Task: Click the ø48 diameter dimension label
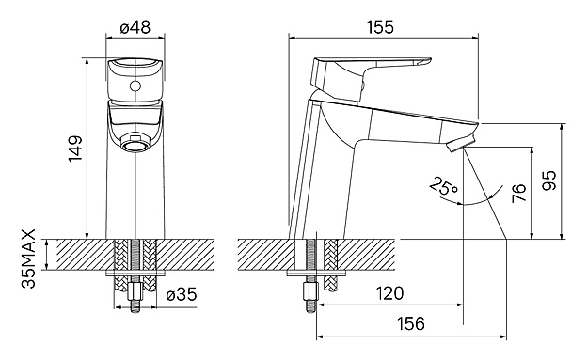135,27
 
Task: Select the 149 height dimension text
75,149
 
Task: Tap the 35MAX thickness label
28,258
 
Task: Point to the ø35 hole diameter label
182,294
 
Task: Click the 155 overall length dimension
380,27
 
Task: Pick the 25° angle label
444,185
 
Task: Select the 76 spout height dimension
519,193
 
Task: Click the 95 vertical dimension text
549,180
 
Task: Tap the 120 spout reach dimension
389,293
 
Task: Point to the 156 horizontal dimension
411,323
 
